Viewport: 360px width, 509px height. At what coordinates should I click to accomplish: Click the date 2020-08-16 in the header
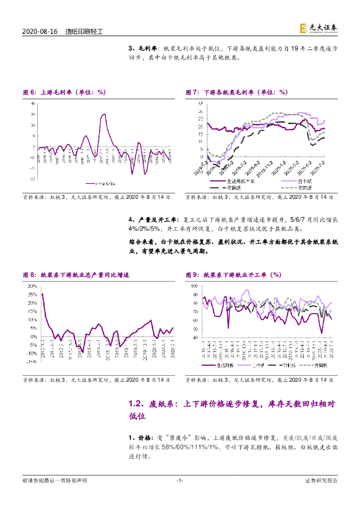(x=41, y=31)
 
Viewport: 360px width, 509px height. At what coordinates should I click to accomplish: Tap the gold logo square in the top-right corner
(x=302, y=29)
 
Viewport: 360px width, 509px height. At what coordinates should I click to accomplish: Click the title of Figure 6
(x=65, y=92)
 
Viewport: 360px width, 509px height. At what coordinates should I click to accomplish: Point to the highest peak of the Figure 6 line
(x=104, y=114)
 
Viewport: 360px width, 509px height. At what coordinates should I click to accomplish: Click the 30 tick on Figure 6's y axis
(x=32, y=114)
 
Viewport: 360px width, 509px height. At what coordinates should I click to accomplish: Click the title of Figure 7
(x=237, y=92)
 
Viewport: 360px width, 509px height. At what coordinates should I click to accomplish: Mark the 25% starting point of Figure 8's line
(x=42, y=294)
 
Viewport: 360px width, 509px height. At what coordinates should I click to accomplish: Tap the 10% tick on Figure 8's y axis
(x=32, y=320)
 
